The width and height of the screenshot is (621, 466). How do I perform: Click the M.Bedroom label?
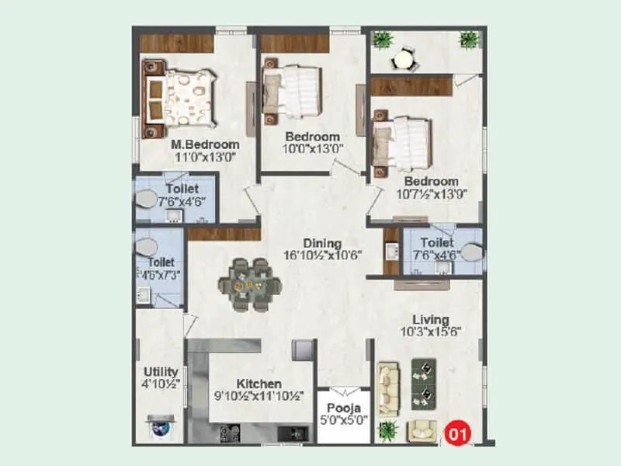(x=205, y=144)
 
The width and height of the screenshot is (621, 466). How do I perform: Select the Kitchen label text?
(x=259, y=384)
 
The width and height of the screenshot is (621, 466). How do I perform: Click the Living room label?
(x=430, y=319)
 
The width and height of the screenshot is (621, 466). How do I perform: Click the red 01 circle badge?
(x=458, y=432)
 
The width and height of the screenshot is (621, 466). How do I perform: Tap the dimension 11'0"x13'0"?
(x=204, y=157)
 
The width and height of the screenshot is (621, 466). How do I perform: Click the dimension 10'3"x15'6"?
(x=430, y=332)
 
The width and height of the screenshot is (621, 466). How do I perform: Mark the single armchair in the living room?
(x=422, y=428)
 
